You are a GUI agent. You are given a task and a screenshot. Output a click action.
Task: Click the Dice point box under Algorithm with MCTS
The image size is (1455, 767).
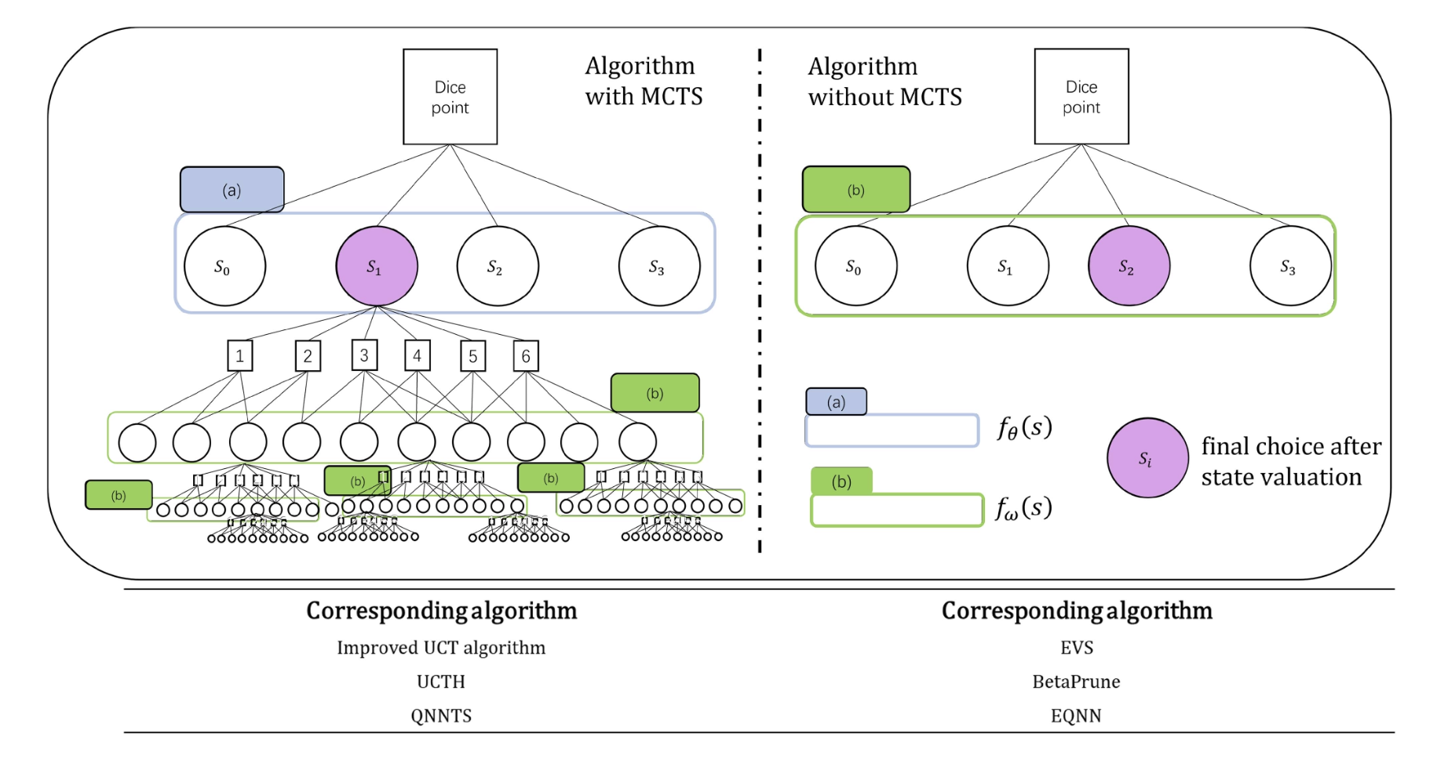pos(450,96)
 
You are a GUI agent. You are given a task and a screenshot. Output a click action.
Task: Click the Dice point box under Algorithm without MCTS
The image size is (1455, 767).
pos(1081,96)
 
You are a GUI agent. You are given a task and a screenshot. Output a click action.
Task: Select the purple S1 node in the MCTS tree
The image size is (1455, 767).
pos(377,267)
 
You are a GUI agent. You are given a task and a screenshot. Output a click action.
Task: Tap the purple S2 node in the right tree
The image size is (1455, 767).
pos(1128,267)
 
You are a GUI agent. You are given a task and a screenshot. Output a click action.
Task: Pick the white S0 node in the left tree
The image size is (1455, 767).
pos(224,267)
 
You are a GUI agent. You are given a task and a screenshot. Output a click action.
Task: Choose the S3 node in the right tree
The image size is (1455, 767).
pos(1289,267)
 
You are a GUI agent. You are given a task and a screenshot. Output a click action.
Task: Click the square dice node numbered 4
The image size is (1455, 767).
pos(417,355)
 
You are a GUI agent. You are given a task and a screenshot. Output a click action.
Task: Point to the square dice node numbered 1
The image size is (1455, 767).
pos(239,355)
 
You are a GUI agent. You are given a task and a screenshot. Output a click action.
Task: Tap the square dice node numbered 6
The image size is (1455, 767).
pos(525,356)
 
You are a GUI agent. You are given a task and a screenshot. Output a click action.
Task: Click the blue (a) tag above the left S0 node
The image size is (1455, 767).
pos(232,190)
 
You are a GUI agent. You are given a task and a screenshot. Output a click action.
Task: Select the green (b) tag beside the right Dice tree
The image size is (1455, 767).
pos(855,190)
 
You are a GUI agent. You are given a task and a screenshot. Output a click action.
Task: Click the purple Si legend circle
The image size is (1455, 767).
pos(1147,458)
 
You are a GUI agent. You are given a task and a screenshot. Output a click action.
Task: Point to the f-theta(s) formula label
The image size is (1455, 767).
pos(1024,427)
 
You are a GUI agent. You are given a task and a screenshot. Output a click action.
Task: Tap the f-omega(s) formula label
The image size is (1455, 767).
pos(1023,508)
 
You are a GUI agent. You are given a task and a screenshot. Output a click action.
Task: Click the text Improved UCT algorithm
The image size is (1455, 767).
pos(441,648)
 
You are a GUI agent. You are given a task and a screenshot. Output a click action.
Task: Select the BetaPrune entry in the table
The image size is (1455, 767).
pos(1076,682)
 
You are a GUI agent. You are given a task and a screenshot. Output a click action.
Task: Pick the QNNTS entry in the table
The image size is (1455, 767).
pos(441,715)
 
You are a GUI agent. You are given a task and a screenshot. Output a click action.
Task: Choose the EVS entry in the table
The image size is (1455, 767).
pos(1076,648)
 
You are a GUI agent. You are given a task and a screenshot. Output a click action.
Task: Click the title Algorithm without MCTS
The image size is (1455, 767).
pos(884,82)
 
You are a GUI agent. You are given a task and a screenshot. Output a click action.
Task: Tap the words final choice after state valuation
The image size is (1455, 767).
pos(1290,461)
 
